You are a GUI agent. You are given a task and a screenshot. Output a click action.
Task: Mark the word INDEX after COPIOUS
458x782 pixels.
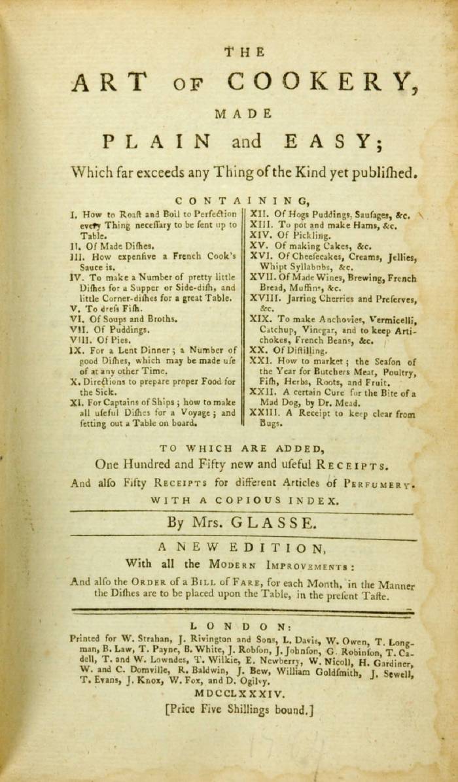(x=316, y=501)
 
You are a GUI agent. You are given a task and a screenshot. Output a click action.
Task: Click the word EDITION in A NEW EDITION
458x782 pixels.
(x=272, y=547)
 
